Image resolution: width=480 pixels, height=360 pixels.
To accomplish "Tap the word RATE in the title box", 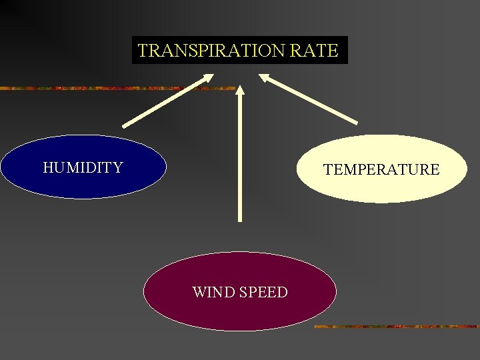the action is [x=317, y=51].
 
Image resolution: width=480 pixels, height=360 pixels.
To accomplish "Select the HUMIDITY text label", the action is [x=83, y=167].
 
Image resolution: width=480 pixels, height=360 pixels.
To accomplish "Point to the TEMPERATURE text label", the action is [x=381, y=170].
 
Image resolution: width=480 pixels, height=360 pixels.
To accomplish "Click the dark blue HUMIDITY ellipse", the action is [x=83, y=183].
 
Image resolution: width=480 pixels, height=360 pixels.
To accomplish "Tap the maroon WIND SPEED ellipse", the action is [x=239, y=310].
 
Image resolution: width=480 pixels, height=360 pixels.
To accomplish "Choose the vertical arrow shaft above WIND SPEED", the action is [x=240, y=160].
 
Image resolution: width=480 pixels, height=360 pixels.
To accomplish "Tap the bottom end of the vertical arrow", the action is [x=240, y=218].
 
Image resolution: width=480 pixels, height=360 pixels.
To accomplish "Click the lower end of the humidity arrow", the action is [x=125, y=125].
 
